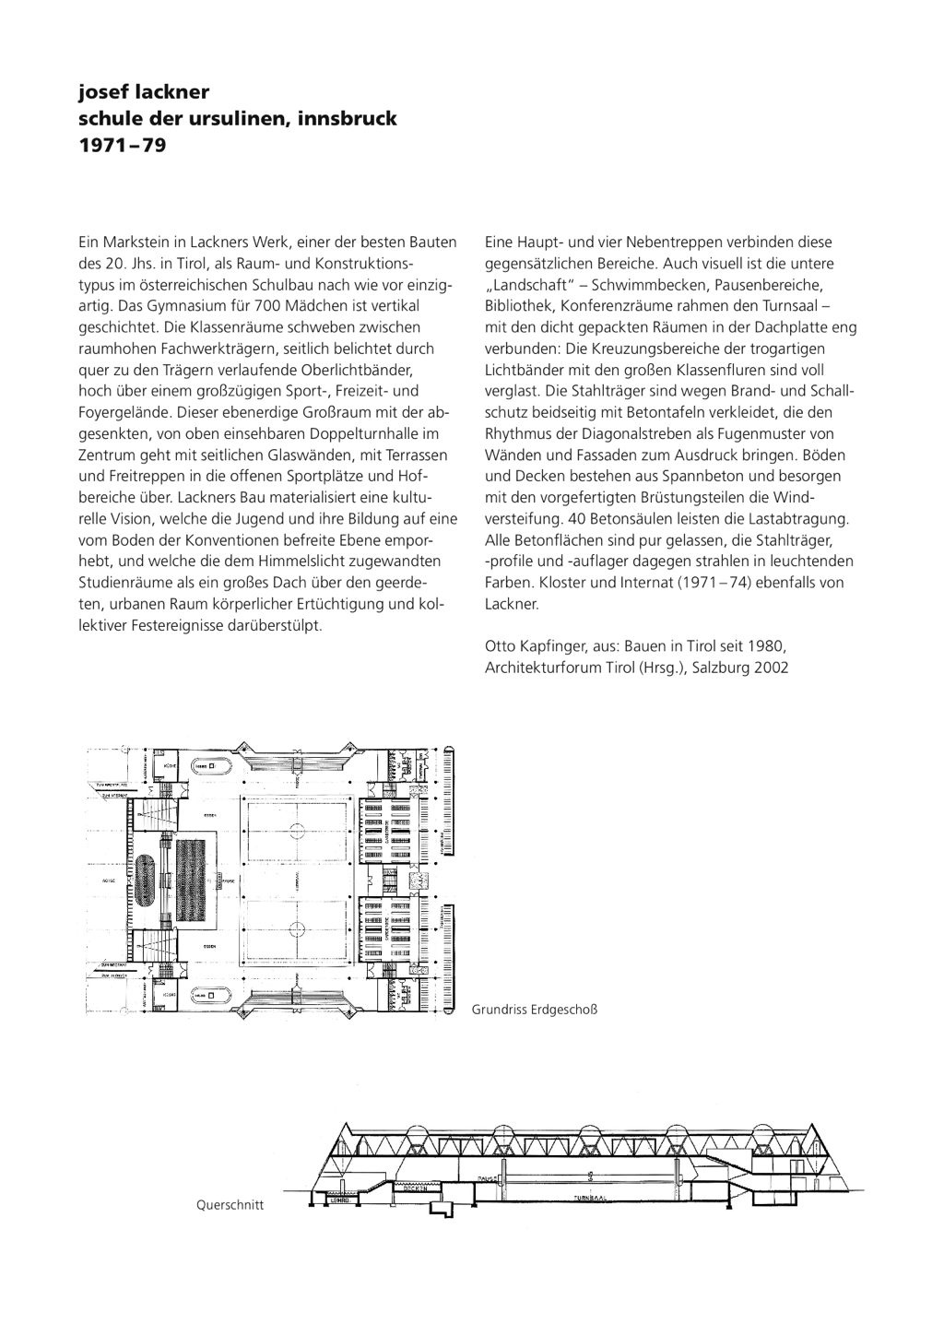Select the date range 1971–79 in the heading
coord(110,145)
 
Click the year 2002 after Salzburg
coord(771,667)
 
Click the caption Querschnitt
coord(230,1204)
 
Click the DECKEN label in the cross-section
coord(421,1188)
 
